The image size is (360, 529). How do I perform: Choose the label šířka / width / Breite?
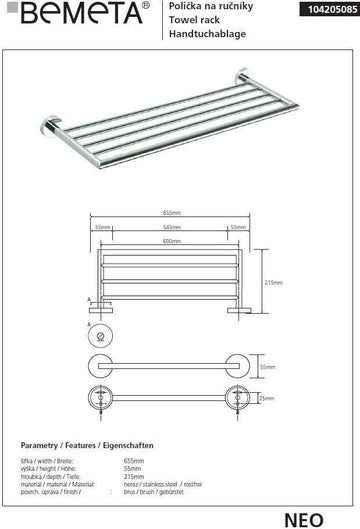[x=45, y=457]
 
